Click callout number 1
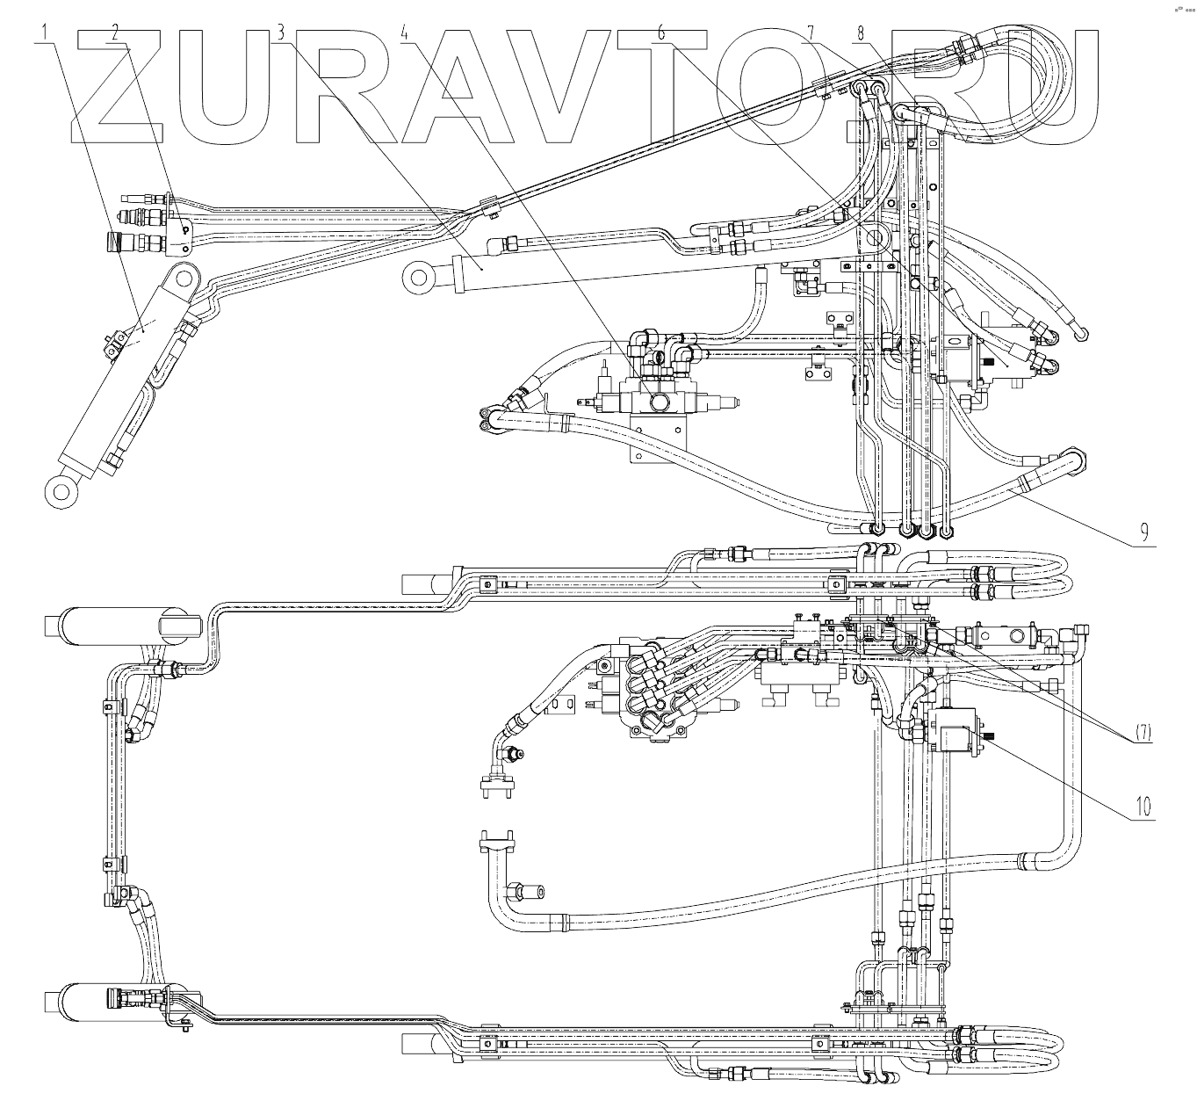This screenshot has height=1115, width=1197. coord(43,33)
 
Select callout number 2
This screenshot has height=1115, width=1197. coord(114,33)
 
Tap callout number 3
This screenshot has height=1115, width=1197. coord(280,33)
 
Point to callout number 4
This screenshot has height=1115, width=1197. coord(405,33)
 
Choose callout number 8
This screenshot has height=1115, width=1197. coord(861,33)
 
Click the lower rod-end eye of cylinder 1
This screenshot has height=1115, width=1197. coord(61,490)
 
